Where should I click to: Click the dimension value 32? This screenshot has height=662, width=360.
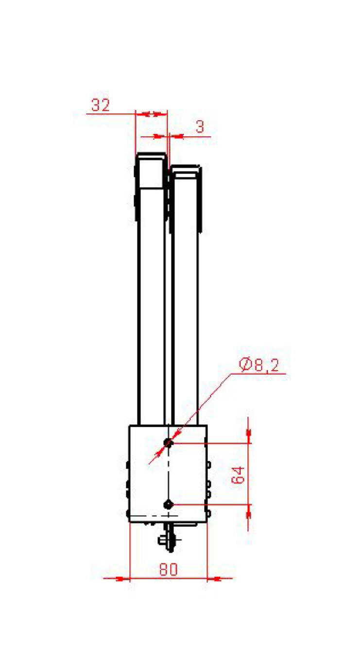101,105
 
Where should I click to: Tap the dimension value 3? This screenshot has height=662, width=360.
200,127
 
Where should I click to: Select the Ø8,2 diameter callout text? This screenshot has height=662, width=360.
259,366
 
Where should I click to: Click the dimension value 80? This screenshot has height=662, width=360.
169,569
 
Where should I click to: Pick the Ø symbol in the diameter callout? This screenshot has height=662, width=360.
245,365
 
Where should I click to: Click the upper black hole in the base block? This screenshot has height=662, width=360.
168,443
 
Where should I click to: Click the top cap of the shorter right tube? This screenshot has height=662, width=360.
186,172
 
